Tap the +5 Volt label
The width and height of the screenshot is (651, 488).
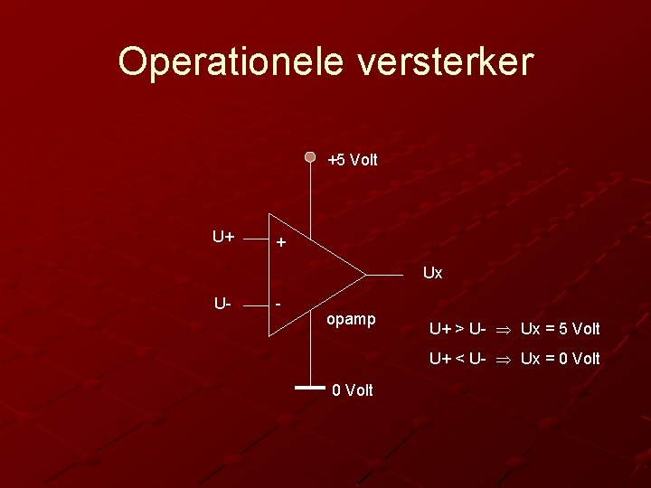tap(353, 160)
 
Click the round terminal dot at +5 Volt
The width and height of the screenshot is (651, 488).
tap(310, 156)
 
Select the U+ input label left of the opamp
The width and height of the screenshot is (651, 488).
tap(223, 238)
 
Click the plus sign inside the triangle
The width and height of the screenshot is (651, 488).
tap(281, 243)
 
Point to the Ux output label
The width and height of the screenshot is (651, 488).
tap(433, 272)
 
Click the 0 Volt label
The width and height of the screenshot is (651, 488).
tap(353, 390)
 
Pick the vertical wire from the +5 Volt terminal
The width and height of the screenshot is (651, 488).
tap(310, 194)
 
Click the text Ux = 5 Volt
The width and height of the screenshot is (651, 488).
tap(560, 328)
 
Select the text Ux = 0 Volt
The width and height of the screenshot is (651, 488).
tap(560, 359)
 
